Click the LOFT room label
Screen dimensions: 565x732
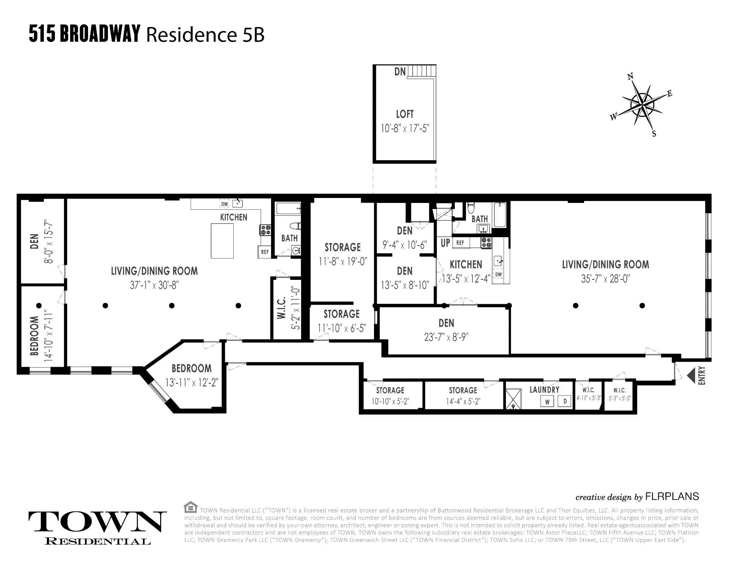405,114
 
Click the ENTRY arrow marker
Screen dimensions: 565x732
691,376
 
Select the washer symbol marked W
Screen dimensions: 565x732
547,401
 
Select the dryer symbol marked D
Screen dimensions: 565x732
565,401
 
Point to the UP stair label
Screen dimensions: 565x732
445,243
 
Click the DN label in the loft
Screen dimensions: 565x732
400,71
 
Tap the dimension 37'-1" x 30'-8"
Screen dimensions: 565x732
154,285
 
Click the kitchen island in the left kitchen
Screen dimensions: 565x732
222,241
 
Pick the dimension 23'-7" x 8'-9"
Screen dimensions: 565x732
446,337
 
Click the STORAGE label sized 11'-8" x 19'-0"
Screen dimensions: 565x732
342,247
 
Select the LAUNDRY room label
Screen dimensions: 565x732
544,389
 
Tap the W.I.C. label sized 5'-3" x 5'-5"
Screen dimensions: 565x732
620,390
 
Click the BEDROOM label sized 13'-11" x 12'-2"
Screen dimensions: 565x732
191,368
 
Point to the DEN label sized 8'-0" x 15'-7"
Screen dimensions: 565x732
34,241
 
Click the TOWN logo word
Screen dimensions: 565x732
98,522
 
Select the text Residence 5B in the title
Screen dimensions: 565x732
205,35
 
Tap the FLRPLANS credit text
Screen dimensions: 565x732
672,496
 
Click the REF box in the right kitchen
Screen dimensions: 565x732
460,243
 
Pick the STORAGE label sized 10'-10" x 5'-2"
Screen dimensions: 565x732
390,390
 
